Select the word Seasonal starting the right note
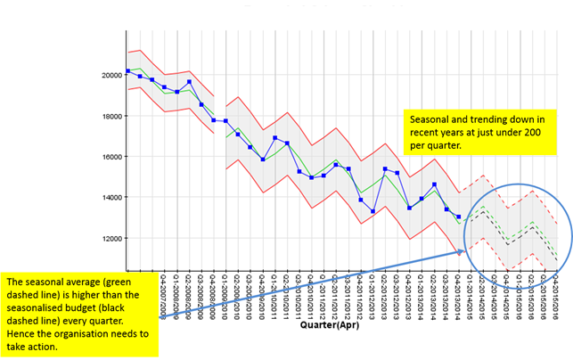pyautogui.click(x=430, y=119)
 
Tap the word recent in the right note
pyautogui.click(x=425, y=133)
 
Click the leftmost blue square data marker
pyautogui.click(x=128, y=70)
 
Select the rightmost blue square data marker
pyautogui.click(x=458, y=217)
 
